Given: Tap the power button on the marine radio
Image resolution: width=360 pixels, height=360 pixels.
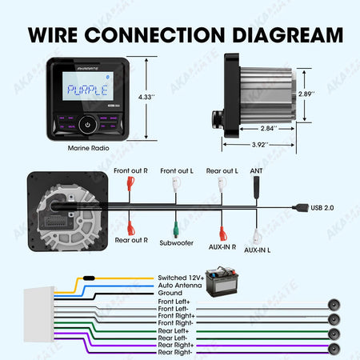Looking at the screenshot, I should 87,124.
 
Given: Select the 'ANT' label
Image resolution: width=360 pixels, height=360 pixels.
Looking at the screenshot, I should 256,170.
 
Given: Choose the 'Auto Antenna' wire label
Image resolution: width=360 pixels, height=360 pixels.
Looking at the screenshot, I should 177,286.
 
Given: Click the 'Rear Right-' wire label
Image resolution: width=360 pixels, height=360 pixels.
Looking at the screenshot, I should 175,352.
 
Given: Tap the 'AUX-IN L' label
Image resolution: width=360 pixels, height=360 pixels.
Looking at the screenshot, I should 257,250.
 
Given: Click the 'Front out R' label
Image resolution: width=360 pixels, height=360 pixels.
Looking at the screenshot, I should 130,170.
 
